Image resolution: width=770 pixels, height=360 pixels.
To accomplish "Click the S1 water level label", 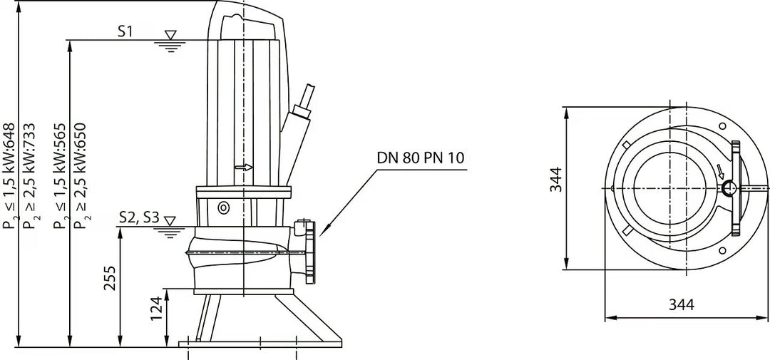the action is click(x=125, y=32).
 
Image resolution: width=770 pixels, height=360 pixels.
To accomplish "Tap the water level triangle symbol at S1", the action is click(x=170, y=35).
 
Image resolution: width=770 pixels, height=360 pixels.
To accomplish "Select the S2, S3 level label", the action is click(x=140, y=218).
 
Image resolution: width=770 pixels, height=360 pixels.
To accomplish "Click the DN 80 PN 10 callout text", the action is click(x=421, y=158).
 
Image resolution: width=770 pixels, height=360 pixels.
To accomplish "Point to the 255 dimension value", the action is click(x=111, y=278).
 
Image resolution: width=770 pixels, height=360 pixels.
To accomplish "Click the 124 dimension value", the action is click(x=156, y=309).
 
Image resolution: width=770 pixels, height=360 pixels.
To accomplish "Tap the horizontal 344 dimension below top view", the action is click(x=682, y=304).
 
